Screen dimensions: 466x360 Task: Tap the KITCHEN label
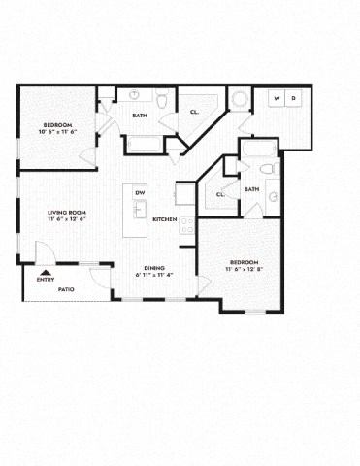[164, 219]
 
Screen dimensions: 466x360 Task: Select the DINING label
[153, 268]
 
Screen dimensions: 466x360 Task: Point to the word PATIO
[66, 289]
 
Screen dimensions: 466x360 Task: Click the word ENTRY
[46, 280]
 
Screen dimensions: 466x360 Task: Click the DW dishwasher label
[140, 192]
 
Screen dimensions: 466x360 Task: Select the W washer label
[277, 99]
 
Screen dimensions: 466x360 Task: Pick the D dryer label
[293, 99]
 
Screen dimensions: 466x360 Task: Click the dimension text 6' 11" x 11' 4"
[153, 275]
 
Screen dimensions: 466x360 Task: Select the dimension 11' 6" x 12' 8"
[243, 269]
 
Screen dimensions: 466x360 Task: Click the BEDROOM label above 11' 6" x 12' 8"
[243, 262]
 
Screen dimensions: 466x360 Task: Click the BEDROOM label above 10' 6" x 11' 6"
[57, 123]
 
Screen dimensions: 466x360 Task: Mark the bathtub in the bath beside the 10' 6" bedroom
[145, 146]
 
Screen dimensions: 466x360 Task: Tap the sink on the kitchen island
[139, 207]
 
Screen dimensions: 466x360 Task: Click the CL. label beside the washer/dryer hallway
[194, 112]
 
